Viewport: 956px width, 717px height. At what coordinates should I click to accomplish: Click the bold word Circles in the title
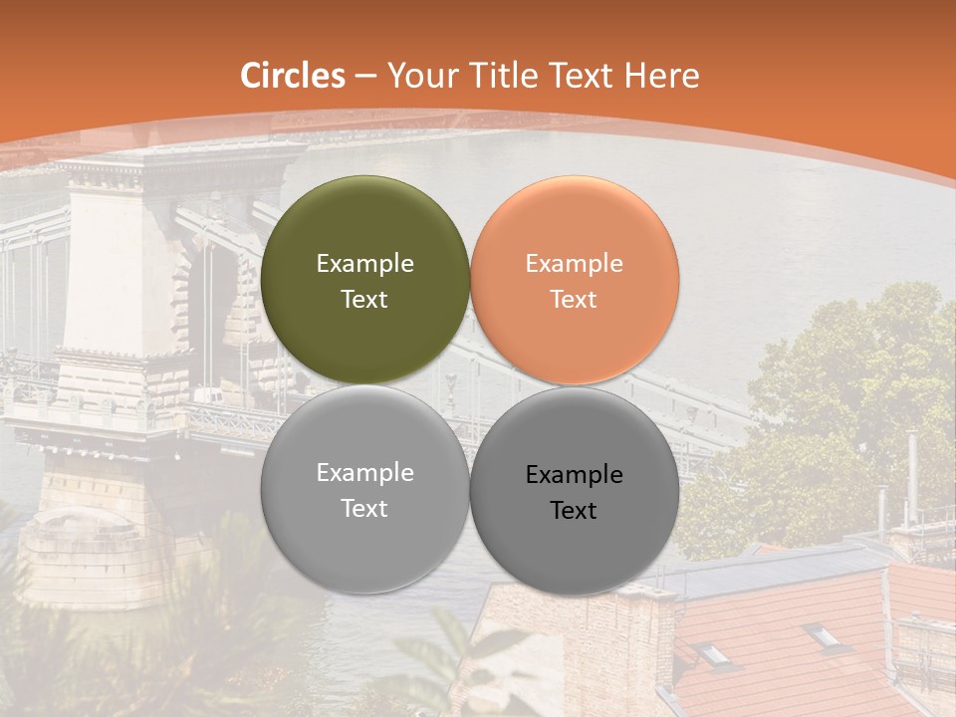click(x=293, y=76)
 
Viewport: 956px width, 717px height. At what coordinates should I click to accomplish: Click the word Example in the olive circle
click(x=365, y=263)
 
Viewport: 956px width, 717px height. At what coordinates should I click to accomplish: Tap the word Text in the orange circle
click(x=574, y=299)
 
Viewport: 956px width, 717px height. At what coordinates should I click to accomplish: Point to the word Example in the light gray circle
click(x=365, y=472)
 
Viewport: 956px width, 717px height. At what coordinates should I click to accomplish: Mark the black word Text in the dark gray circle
click(x=574, y=510)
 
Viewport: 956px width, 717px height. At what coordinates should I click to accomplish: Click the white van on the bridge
click(x=208, y=396)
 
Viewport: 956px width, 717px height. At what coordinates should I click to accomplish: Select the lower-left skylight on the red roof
click(x=713, y=652)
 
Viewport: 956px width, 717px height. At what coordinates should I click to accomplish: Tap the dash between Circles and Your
click(x=365, y=77)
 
